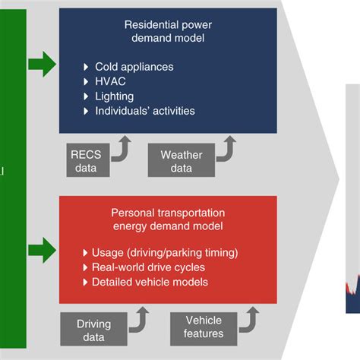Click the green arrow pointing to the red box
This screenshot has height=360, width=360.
coord(43,248)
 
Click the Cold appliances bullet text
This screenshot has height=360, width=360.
coord(135,68)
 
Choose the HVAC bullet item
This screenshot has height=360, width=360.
coord(110,82)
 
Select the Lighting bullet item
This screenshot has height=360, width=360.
coord(115,96)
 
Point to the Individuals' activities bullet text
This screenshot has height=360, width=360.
coord(144,111)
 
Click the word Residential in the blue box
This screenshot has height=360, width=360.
coord(150,24)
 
